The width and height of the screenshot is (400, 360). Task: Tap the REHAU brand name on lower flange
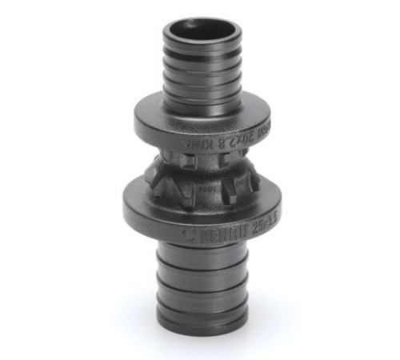click(x=218, y=233)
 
